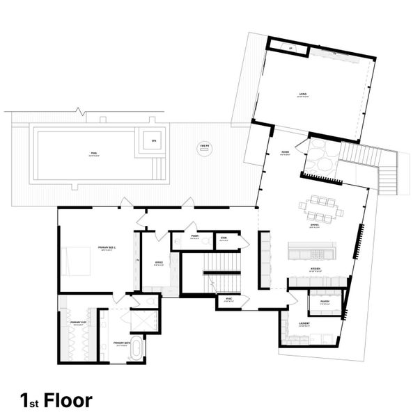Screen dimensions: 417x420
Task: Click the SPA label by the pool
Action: click(154, 140)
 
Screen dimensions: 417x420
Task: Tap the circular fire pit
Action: click(205, 149)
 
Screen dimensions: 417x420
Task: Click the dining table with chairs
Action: click(321, 206)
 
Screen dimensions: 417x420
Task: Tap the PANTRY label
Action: click(325, 301)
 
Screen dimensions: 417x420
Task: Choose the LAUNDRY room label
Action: click(305, 323)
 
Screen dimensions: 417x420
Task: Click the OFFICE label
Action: click(159, 262)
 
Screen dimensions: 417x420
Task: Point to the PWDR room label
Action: click(196, 235)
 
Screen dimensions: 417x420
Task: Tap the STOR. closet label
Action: click(224, 238)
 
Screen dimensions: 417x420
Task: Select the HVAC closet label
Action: click(228, 299)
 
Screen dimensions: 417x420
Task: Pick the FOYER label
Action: click(286, 154)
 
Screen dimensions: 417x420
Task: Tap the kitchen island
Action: click(311, 248)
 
